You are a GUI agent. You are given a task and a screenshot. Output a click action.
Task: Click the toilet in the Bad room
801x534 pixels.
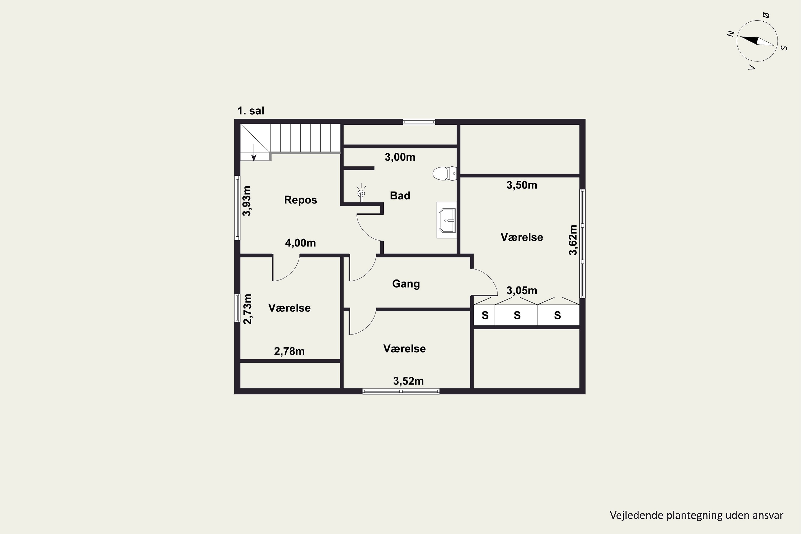445,173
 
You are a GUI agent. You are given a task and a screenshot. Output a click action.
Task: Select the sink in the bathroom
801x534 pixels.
447,220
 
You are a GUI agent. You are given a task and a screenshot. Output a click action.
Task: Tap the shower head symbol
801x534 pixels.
361,193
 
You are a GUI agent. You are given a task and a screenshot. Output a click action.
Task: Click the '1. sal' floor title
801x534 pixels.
251,111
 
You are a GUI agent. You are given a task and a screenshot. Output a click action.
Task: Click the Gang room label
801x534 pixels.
406,284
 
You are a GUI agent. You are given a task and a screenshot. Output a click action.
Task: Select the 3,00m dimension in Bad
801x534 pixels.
400,157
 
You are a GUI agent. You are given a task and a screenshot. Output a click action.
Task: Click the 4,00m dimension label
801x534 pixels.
300,243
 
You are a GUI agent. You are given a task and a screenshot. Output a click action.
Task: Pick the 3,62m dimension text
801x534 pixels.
573,240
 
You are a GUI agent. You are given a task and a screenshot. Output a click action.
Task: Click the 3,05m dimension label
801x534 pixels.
522,290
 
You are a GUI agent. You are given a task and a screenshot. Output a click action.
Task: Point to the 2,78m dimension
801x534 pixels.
289,351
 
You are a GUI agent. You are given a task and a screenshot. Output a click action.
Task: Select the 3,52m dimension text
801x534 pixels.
408,381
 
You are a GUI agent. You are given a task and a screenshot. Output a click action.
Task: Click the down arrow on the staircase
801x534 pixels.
254,152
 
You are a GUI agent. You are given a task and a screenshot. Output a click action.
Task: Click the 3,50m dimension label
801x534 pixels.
522,185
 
